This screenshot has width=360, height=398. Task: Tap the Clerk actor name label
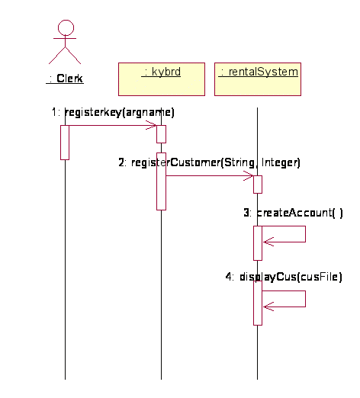point(65,79)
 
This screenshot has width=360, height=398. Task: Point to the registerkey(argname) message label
point(113,112)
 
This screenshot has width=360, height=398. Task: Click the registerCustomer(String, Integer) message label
point(210,162)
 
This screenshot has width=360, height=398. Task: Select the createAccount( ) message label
point(293,213)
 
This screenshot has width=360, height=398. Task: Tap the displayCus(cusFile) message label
point(284,277)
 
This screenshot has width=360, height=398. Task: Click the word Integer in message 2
point(281,162)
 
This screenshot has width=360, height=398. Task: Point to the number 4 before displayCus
point(229,277)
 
